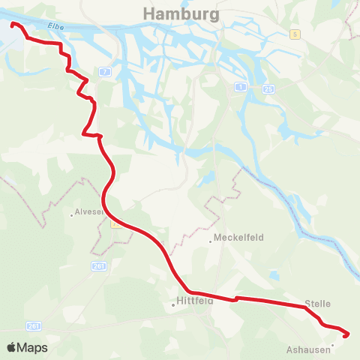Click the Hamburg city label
(180, 14)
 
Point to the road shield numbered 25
(268, 89)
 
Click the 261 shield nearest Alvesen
(99, 266)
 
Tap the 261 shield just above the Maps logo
(33, 325)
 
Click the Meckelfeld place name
(238, 239)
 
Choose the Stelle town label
(317, 304)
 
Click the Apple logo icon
(11, 348)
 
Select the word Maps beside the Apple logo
(32, 348)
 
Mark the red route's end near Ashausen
(347, 334)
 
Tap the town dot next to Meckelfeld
(210, 241)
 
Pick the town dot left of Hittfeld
(173, 305)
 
